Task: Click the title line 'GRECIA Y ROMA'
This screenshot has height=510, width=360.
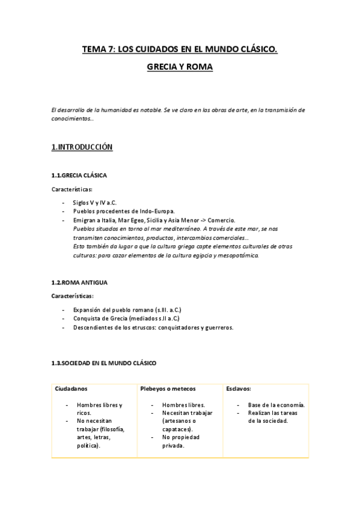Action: click(180, 68)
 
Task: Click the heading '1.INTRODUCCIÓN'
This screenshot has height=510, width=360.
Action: click(82, 147)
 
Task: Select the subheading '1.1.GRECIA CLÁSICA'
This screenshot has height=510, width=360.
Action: click(79, 176)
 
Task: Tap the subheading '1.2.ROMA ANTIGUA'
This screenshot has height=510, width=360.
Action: click(79, 282)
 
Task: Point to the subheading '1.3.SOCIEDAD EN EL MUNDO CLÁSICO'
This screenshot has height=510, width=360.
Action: click(103, 363)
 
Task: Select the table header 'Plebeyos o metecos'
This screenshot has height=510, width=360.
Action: click(168, 389)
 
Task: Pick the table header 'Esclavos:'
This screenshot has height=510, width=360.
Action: click(239, 389)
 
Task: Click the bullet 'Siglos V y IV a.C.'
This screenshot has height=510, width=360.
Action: click(94, 203)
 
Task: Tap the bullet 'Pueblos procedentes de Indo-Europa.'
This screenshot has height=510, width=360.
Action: click(123, 212)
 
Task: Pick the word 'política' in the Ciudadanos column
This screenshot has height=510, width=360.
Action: click(88, 446)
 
